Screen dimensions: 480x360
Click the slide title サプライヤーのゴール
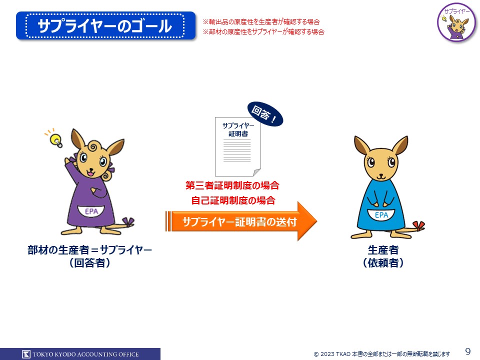104,25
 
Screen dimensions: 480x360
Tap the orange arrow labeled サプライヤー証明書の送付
241,221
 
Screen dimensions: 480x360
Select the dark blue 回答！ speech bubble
265,114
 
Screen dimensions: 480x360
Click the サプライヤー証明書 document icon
238,146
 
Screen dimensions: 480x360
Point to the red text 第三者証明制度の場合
232,185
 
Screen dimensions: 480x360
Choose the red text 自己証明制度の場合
233,200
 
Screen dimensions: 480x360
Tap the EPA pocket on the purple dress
91,211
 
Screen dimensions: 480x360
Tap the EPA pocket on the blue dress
381,215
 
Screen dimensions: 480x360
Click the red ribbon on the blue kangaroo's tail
418,225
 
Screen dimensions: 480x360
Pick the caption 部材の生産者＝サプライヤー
89,250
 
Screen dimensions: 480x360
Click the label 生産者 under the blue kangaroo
383,250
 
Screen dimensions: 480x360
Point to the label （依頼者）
383,262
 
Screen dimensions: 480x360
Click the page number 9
468,351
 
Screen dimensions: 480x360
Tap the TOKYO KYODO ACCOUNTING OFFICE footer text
85,354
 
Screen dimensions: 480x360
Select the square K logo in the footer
26,354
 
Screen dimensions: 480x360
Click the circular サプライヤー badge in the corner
456,22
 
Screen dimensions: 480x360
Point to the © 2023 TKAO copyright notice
381,354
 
